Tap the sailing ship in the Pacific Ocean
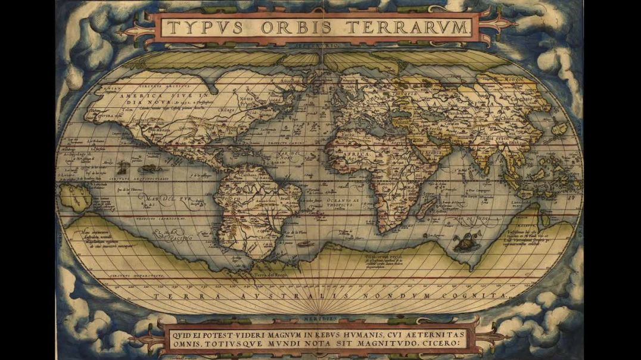(124, 167)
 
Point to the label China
(508, 119)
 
